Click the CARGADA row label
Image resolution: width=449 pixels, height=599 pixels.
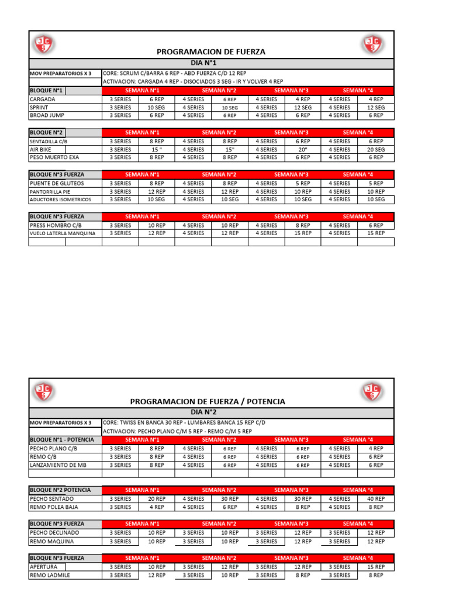tap(42, 99)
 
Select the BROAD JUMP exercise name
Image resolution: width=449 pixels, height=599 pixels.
tap(47, 115)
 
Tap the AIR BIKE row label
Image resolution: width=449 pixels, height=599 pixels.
tap(41, 149)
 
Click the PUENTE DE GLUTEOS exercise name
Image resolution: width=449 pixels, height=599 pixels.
tap(57, 183)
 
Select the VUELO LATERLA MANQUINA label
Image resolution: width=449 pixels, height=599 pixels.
tap(62, 233)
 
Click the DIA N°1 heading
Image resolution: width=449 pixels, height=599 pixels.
tap(211, 63)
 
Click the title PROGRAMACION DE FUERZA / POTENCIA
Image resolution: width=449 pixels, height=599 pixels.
tap(208, 401)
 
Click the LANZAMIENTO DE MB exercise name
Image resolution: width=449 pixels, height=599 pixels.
tap(57, 465)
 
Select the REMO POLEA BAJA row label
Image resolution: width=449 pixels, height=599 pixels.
tap(54, 507)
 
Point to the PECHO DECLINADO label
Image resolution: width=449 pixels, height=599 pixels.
tap(54, 533)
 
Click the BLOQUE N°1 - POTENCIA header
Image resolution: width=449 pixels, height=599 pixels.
tap(61, 440)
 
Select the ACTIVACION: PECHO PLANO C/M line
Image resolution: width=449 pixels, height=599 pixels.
tap(177, 431)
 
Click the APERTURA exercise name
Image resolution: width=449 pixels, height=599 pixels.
tap(43, 567)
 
